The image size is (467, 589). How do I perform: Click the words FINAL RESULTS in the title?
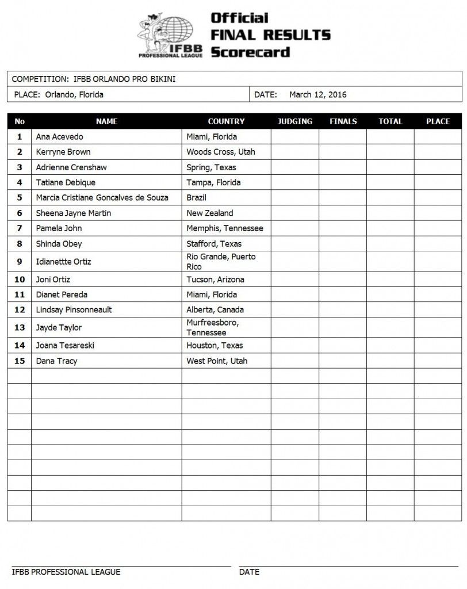point(270,35)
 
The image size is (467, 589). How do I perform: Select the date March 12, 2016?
point(318,95)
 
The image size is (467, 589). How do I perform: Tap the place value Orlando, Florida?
point(74,95)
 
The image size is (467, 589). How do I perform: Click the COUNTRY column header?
point(226,121)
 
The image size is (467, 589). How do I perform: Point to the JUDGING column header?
point(294,121)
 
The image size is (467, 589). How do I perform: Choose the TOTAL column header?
point(390,121)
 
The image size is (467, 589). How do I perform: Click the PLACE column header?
point(438,121)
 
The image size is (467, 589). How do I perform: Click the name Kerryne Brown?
point(63,152)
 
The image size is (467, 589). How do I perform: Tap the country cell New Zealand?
point(210,213)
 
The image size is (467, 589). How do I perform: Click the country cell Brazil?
point(197,198)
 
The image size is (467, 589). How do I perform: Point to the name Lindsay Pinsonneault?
point(74,310)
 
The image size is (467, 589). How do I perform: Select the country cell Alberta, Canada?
point(215,310)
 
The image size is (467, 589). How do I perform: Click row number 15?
point(20,361)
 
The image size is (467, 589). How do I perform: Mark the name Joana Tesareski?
point(66,346)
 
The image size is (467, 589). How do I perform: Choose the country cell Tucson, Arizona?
point(215,280)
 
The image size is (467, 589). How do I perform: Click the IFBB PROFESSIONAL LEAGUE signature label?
point(66,572)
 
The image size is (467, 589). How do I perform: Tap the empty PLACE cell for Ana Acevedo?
point(438,137)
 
